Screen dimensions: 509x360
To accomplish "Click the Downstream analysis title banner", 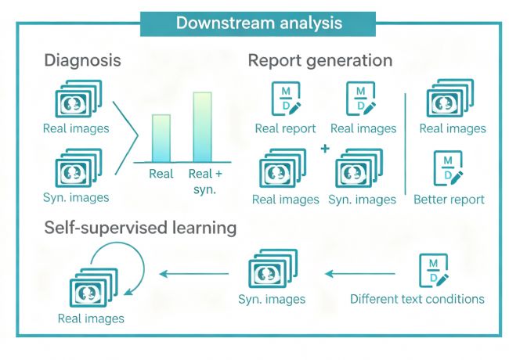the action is [x=258, y=23].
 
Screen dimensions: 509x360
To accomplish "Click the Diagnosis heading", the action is [x=82, y=60].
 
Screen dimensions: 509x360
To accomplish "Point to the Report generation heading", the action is [x=320, y=60].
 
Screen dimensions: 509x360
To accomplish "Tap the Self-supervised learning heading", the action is [x=140, y=228].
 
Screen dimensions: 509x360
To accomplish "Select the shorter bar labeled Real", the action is [x=161, y=139].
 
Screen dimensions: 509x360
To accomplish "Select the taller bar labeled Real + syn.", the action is [x=203, y=127].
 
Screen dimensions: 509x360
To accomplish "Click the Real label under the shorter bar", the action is [x=161, y=174].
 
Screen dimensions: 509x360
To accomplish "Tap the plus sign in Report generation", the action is [x=325, y=149].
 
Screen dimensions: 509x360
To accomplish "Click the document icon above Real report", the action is [x=286, y=99].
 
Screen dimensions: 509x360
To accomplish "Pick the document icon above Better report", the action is [x=448, y=168].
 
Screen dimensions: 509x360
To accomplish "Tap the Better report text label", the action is [x=449, y=200].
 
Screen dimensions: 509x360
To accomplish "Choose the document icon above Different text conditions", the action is [x=434, y=271].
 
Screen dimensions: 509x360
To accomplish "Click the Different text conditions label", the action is [x=417, y=299].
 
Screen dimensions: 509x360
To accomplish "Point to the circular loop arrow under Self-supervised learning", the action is [x=143, y=265].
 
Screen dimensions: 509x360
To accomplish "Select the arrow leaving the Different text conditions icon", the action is [x=360, y=274].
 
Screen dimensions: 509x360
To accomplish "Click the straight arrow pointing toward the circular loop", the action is [x=194, y=274].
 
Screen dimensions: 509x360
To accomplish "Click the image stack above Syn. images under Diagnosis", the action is [x=78, y=168].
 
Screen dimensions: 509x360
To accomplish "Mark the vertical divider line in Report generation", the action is [x=406, y=144].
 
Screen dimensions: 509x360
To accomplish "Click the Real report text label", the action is [x=285, y=129].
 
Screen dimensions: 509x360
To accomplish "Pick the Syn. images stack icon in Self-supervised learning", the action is [x=273, y=268].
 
